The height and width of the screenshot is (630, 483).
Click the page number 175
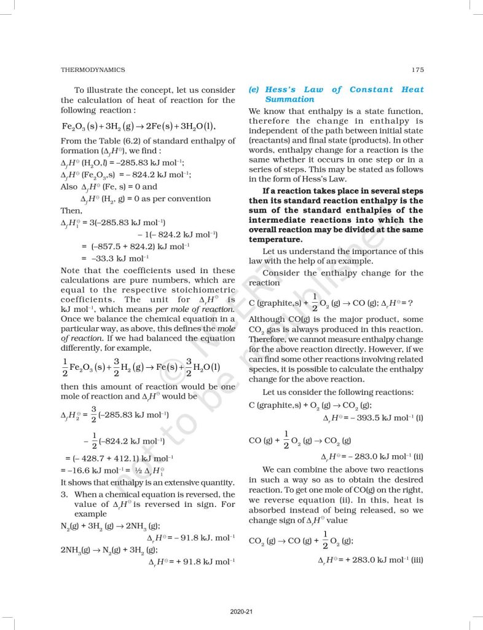click(x=417, y=70)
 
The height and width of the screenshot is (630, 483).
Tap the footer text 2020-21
click(x=241, y=612)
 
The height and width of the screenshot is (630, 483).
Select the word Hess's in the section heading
click(x=298, y=89)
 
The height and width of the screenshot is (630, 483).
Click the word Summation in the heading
click(x=289, y=99)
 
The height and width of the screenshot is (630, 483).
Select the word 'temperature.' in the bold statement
click(x=275, y=239)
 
